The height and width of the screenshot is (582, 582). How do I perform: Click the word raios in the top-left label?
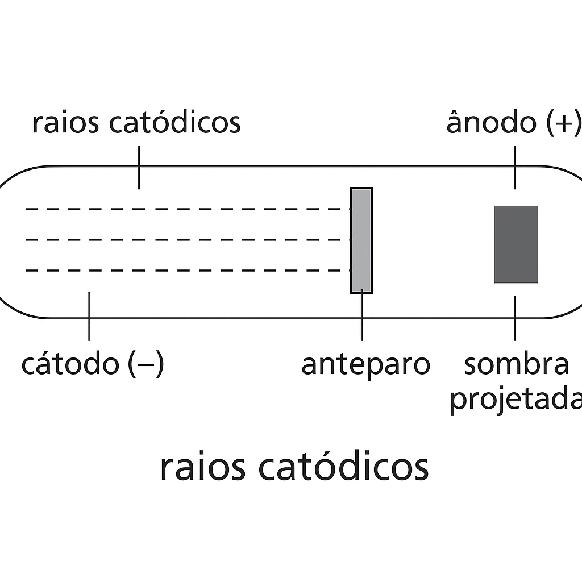click(66, 123)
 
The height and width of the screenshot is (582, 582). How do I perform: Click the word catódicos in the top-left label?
click(175, 121)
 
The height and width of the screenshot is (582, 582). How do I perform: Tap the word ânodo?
click(492, 122)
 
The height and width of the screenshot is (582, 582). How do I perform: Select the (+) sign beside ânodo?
click(563, 123)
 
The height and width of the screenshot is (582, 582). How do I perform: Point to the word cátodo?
click(70, 363)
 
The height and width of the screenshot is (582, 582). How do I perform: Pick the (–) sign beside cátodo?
click(145, 364)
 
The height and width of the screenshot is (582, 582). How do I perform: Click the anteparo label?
click(365, 365)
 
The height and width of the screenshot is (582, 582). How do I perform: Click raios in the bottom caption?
click(203, 467)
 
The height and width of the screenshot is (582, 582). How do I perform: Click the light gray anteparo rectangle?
click(361, 240)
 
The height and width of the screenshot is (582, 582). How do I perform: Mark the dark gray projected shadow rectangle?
click(516, 244)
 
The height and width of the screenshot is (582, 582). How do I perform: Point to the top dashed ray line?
click(188, 209)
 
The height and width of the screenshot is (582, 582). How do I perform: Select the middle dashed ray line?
click(188, 240)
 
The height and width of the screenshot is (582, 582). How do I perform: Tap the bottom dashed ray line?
click(188, 271)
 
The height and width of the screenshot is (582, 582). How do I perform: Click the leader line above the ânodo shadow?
click(515, 168)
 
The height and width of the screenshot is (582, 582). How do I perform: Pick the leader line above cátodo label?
click(89, 316)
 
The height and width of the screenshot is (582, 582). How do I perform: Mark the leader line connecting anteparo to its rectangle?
click(362, 316)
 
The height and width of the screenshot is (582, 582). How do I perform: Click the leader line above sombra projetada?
click(515, 318)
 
